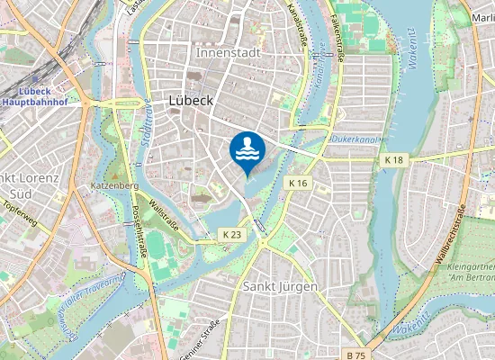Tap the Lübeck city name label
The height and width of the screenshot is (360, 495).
click(x=191, y=101)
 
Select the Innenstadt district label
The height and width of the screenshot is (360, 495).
click(x=229, y=52)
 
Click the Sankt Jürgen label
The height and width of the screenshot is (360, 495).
click(x=280, y=285)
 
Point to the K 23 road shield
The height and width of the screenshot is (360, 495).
click(x=231, y=234)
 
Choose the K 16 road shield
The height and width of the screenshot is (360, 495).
click(x=298, y=183)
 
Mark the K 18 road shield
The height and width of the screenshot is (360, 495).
click(x=393, y=159)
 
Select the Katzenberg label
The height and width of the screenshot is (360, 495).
click(x=113, y=185)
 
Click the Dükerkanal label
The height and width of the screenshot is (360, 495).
click(x=351, y=139)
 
